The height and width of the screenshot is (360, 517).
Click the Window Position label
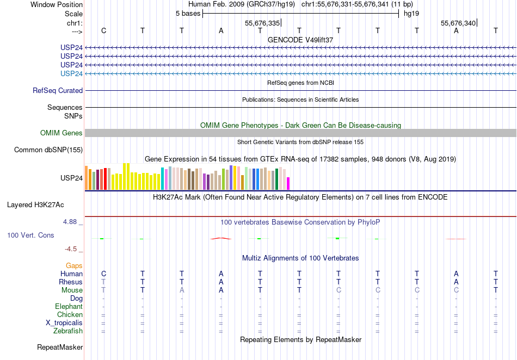tap(57, 4)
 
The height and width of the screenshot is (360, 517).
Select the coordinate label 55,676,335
tap(262, 23)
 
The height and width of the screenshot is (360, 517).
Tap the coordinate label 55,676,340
tap(458, 23)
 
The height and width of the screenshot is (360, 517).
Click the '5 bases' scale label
tap(188, 14)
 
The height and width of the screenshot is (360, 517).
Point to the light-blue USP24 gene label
tap(72, 73)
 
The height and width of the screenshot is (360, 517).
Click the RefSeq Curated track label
tap(58, 91)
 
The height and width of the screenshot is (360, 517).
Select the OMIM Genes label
tap(61, 133)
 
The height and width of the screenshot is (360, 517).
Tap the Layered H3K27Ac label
tap(35, 205)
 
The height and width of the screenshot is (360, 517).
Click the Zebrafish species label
tap(68, 331)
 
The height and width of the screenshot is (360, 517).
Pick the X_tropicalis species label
tap(64, 323)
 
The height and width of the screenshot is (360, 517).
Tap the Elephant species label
tap(69, 307)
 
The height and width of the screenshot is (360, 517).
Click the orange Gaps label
tap(74, 266)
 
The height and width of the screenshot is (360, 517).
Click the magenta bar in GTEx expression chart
tap(288, 183)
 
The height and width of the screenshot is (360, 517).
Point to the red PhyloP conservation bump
tap(221, 238)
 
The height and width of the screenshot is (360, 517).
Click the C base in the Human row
tap(103, 274)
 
